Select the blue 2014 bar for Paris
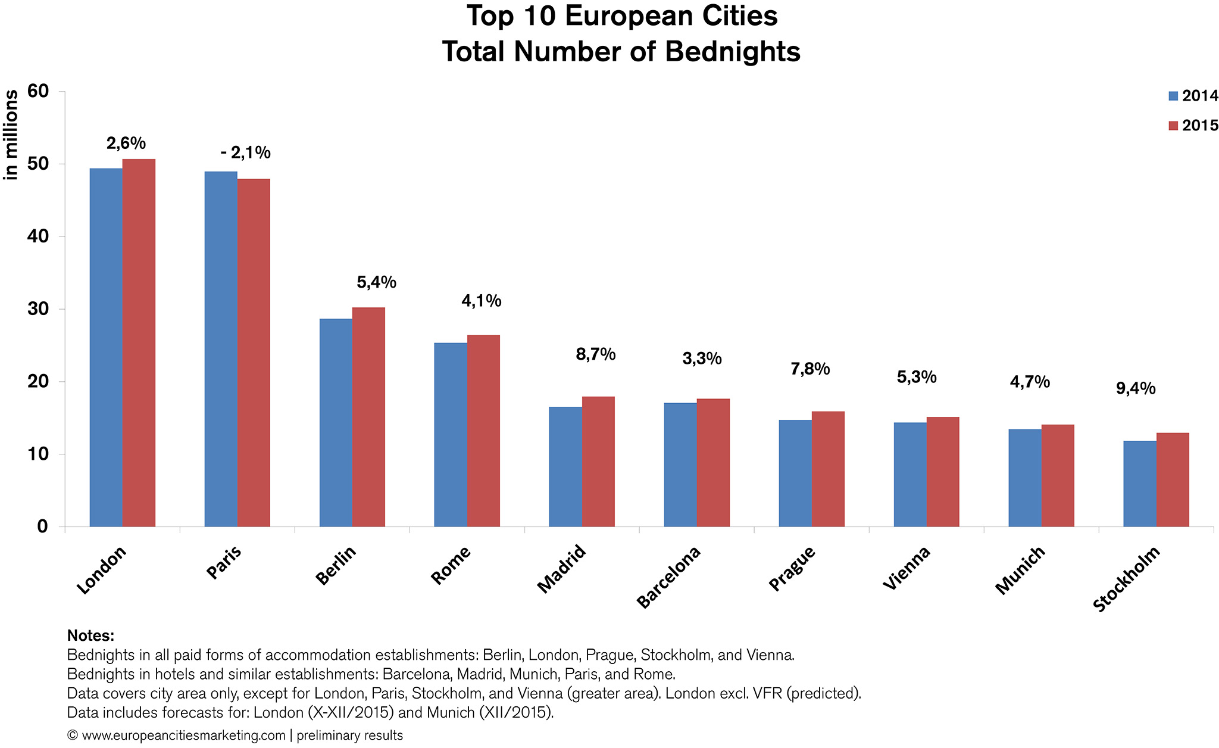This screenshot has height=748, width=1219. coord(221,349)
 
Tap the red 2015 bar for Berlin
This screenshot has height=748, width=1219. coord(368,417)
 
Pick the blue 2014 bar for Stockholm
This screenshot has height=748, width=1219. coord(1140,484)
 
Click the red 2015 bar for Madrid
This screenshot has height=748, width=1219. coord(598,462)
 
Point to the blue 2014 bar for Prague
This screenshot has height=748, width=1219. coord(795,473)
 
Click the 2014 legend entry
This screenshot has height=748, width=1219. coord(1193,96)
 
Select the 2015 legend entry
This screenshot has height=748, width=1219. coord(1193,126)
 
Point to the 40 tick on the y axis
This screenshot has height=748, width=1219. coord(37,236)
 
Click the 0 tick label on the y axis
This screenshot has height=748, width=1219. coord(42,526)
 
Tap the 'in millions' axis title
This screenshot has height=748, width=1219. coord(11,135)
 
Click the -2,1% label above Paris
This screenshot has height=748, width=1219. coord(245,153)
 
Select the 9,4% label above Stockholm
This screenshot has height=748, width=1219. coord(1135,389)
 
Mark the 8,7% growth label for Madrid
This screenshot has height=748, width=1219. coord(595,355)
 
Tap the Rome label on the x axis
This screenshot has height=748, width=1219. coord(451,565)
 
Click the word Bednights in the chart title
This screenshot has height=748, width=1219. coord(732,52)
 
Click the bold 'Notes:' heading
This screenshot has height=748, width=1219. coord(90,635)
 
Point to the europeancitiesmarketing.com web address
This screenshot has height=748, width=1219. coord(183,735)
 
